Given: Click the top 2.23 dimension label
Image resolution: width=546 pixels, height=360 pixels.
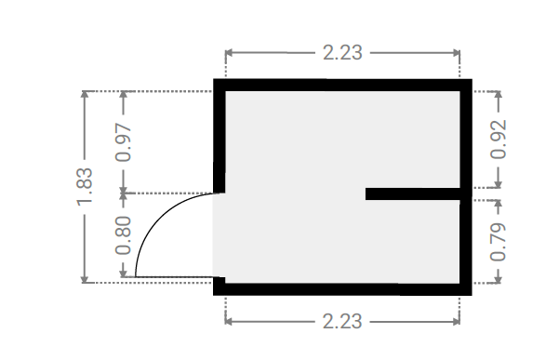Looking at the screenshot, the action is click(342, 53).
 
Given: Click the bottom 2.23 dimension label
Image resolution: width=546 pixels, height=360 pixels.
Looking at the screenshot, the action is click(342, 321).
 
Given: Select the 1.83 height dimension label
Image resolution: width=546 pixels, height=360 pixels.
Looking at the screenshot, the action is click(85, 187).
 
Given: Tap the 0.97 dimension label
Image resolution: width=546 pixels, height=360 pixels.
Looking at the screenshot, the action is click(124, 142).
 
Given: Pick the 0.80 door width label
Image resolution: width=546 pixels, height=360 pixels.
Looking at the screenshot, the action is click(124, 235).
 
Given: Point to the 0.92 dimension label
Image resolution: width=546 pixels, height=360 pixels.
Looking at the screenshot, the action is click(499, 140).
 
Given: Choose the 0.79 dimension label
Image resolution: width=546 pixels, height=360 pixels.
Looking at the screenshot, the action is click(499, 241).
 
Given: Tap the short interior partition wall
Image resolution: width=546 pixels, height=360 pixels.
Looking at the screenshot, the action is click(413, 193).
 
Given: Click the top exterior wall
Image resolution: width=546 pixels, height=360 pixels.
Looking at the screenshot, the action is click(342, 85).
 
